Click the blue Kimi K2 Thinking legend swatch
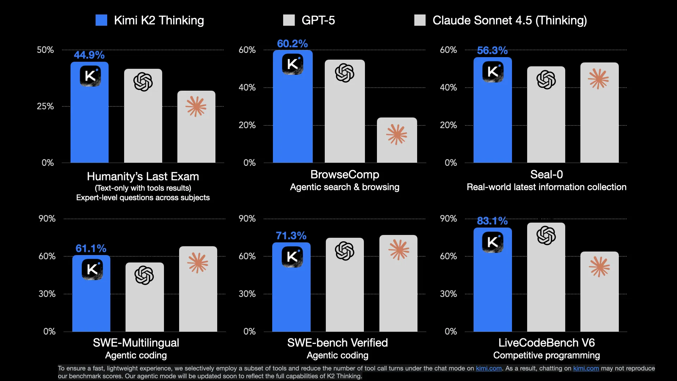coord(101,20)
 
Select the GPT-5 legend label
coord(318,20)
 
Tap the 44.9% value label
coord(89,55)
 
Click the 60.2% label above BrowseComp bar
coord(292,44)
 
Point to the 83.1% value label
coord(492,221)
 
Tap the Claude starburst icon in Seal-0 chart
coord(598,79)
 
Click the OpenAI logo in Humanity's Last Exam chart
coord(143,82)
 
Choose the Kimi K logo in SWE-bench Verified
coord(292,256)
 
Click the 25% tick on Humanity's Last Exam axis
coord(45,106)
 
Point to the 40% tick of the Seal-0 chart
coord(448,87)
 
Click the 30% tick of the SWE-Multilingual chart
coord(47,294)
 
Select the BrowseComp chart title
coord(344,174)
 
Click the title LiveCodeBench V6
coord(546,343)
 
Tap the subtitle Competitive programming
coord(546,355)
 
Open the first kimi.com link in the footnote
coord(488,368)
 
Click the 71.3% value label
coord(291,236)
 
